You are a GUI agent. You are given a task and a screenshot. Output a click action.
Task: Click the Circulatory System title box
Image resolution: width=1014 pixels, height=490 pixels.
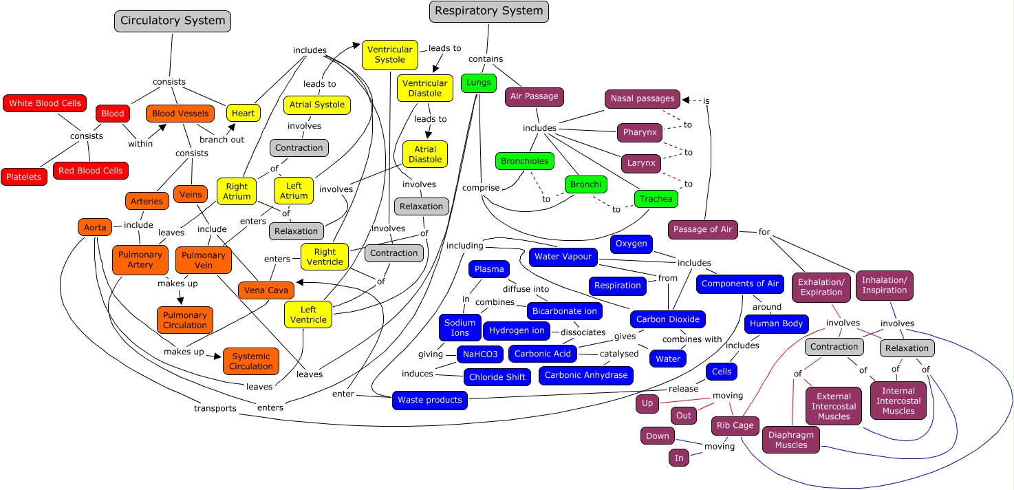coord(173,21)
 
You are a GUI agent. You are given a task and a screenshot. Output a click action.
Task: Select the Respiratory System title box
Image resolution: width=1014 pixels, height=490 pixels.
coord(488,11)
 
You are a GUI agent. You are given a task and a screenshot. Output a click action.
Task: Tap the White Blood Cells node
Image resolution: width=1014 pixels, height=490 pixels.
coord(45,103)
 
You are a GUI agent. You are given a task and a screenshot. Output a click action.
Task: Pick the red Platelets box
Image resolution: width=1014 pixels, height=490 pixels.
coord(24,177)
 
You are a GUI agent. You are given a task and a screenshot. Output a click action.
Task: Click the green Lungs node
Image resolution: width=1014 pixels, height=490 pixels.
coord(478,83)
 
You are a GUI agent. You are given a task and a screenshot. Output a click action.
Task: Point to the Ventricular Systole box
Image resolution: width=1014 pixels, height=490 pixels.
coord(390,54)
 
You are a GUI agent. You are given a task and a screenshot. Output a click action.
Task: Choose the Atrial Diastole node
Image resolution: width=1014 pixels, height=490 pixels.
coord(425,154)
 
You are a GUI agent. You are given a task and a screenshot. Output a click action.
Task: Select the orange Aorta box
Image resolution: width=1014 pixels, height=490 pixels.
coord(95,227)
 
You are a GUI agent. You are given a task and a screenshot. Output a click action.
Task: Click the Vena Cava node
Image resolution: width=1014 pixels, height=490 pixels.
coord(266,290)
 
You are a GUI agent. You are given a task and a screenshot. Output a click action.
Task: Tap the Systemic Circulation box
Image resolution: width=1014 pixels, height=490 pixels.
coord(251,361)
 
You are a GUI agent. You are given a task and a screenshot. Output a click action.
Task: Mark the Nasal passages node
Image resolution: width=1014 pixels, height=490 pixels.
coord(643,98)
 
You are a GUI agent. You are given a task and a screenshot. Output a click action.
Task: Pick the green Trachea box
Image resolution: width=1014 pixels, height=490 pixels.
coord(656,199)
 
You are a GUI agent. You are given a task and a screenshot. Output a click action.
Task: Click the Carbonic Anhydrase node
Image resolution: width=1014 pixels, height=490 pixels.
coord(586,375)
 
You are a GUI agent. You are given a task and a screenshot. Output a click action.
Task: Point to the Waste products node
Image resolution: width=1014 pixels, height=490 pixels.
coord(430,400)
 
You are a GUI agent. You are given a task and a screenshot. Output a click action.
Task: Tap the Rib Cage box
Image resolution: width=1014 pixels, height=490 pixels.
coord(735,425)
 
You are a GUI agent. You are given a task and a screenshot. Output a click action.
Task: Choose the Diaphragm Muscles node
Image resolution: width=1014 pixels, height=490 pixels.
coord(791,440)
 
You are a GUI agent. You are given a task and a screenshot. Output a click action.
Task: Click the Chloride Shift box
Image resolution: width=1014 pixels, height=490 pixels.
coord(497,377)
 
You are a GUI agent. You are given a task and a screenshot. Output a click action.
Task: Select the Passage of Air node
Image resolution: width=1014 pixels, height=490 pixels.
coord(702,229)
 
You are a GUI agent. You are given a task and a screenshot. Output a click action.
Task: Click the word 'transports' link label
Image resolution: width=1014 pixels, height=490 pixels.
coord(215,408)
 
